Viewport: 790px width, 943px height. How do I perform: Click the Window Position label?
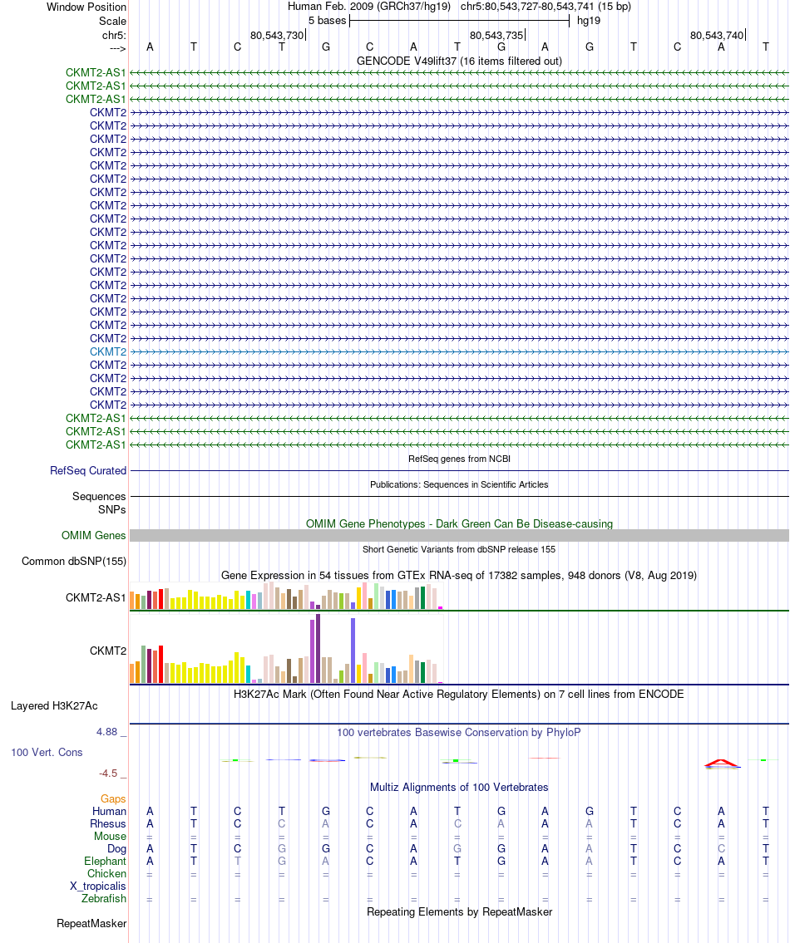coord(86,7)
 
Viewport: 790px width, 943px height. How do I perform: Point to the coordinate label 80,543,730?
coord(277,35)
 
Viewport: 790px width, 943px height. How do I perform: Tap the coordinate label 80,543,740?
coord(717,35)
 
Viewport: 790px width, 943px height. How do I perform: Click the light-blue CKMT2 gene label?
coord(108,351)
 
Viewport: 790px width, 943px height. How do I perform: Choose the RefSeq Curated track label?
coord(88,470)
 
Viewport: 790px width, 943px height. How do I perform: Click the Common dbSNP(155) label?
coord(74,562)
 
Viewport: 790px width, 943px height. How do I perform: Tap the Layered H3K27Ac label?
coord(54,706)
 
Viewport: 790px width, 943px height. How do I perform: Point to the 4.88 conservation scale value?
coord(108,732)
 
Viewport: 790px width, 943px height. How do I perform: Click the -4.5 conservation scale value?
coord(109,774)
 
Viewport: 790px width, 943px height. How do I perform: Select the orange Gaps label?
coord(113,798)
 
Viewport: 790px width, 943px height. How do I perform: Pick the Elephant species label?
coord(105,862)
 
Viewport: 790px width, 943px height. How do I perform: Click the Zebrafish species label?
coord(104,899)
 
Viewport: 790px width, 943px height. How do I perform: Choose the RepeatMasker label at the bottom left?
coord(91,924)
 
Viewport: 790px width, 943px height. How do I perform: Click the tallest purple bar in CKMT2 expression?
coord(318,648)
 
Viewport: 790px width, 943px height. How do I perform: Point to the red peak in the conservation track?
coord(720,761)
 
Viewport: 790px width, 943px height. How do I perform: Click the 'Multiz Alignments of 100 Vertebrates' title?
coord(459,787)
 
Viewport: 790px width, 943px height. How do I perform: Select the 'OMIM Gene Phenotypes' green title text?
coord(459,524)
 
